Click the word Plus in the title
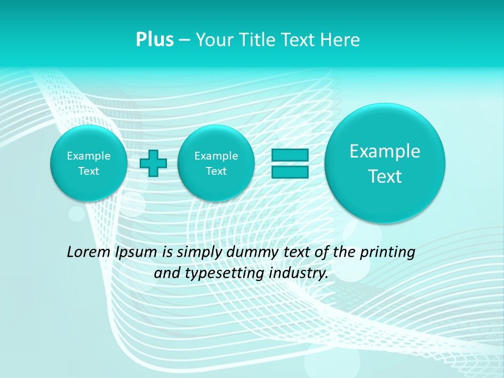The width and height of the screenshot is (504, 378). [154, 40]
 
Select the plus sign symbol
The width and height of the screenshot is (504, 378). [153, 163]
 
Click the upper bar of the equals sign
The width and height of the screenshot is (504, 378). [289, 155]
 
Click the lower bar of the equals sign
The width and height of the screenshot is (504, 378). [289, 172]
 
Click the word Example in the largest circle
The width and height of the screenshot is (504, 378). [385, 151]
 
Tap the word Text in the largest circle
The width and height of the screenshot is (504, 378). [385, 176]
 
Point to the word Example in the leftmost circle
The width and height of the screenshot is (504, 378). [88, 156]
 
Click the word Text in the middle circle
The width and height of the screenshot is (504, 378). [216, 171]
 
